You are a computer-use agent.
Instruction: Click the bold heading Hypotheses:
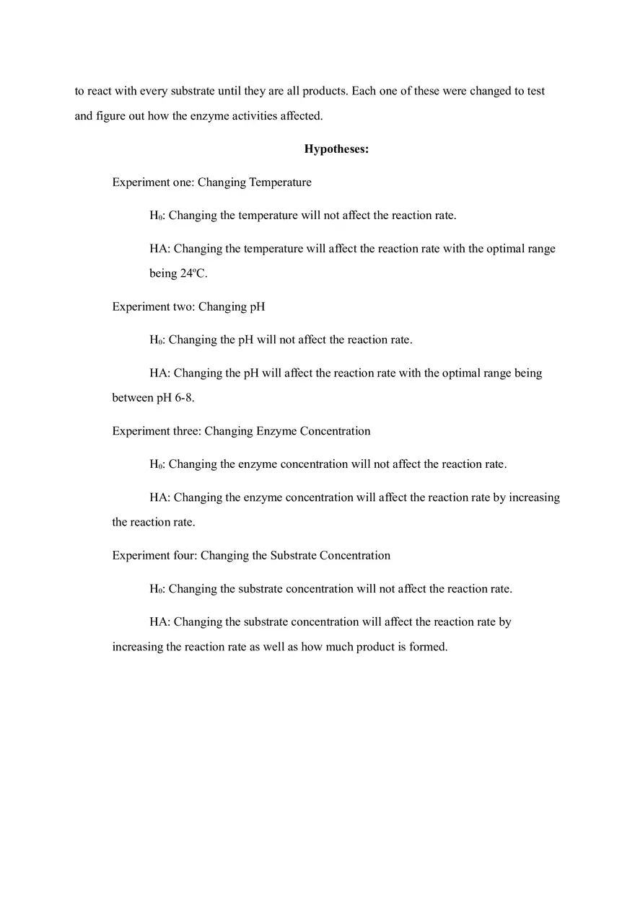click(x=336, y=149)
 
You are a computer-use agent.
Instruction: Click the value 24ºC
click(x=193, y=274)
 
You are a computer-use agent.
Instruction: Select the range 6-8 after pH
click(x=184, y=398)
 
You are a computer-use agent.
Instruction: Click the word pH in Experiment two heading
click(x=257, y=307)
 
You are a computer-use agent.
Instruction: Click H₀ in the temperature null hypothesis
click(x=157, y=216)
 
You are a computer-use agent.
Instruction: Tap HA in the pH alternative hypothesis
click(x=159, y=373)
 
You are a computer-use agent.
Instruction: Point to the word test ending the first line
click(x=535, y=92)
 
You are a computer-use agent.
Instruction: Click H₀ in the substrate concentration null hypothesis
click(x=157, y=589)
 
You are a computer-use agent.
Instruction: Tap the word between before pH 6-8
click(x=133, y=398)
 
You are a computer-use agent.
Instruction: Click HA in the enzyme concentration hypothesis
click(x=159, y=497)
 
